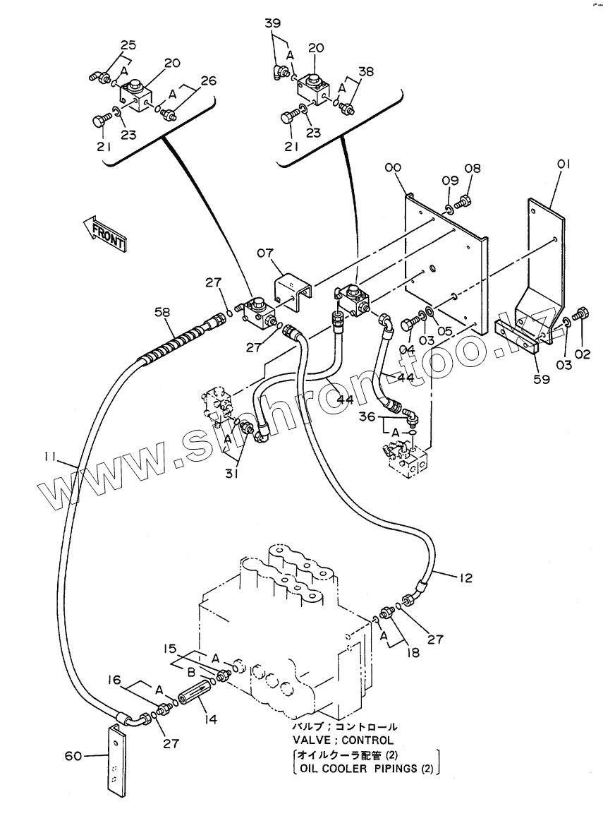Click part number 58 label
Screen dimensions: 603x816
[162, 312]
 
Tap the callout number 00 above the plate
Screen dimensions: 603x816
[394, 167]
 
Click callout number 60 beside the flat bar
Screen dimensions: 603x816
[73, 755]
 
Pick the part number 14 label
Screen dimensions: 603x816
[211, 720]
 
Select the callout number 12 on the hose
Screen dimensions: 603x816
[465, 577]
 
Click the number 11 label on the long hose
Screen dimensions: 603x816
[50, 457]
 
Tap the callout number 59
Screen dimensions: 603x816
[542, 379]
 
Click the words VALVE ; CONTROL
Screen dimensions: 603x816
[343, 740]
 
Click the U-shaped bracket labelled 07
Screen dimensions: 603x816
[293, 294]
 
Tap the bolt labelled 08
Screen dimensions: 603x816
[463, 201]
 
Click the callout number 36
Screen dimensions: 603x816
[367, 416]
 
